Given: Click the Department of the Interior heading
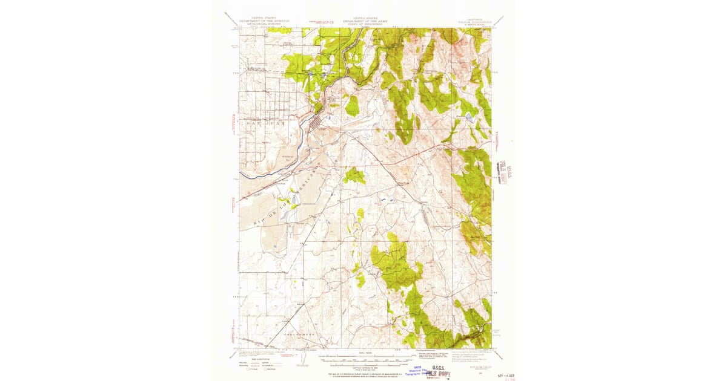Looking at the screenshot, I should [256, 22].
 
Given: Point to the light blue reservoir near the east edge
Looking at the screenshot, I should [470, 117].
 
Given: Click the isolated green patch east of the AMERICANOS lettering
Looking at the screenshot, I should [354, 176].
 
